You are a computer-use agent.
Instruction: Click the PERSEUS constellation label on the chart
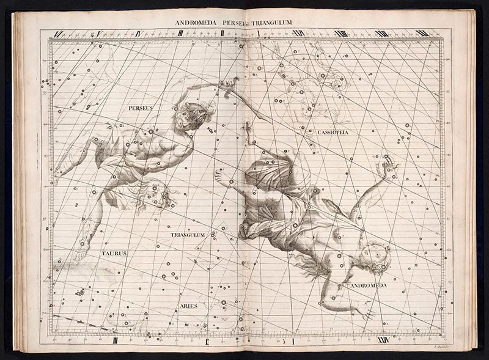[x=140, y=108]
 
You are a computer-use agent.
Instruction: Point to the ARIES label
[x=188, y=305]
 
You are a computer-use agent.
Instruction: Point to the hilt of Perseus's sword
[x=230, y=84]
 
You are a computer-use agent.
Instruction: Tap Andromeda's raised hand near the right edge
[x=389, y=166]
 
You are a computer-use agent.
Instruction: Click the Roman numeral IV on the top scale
[x=140, y=33]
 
